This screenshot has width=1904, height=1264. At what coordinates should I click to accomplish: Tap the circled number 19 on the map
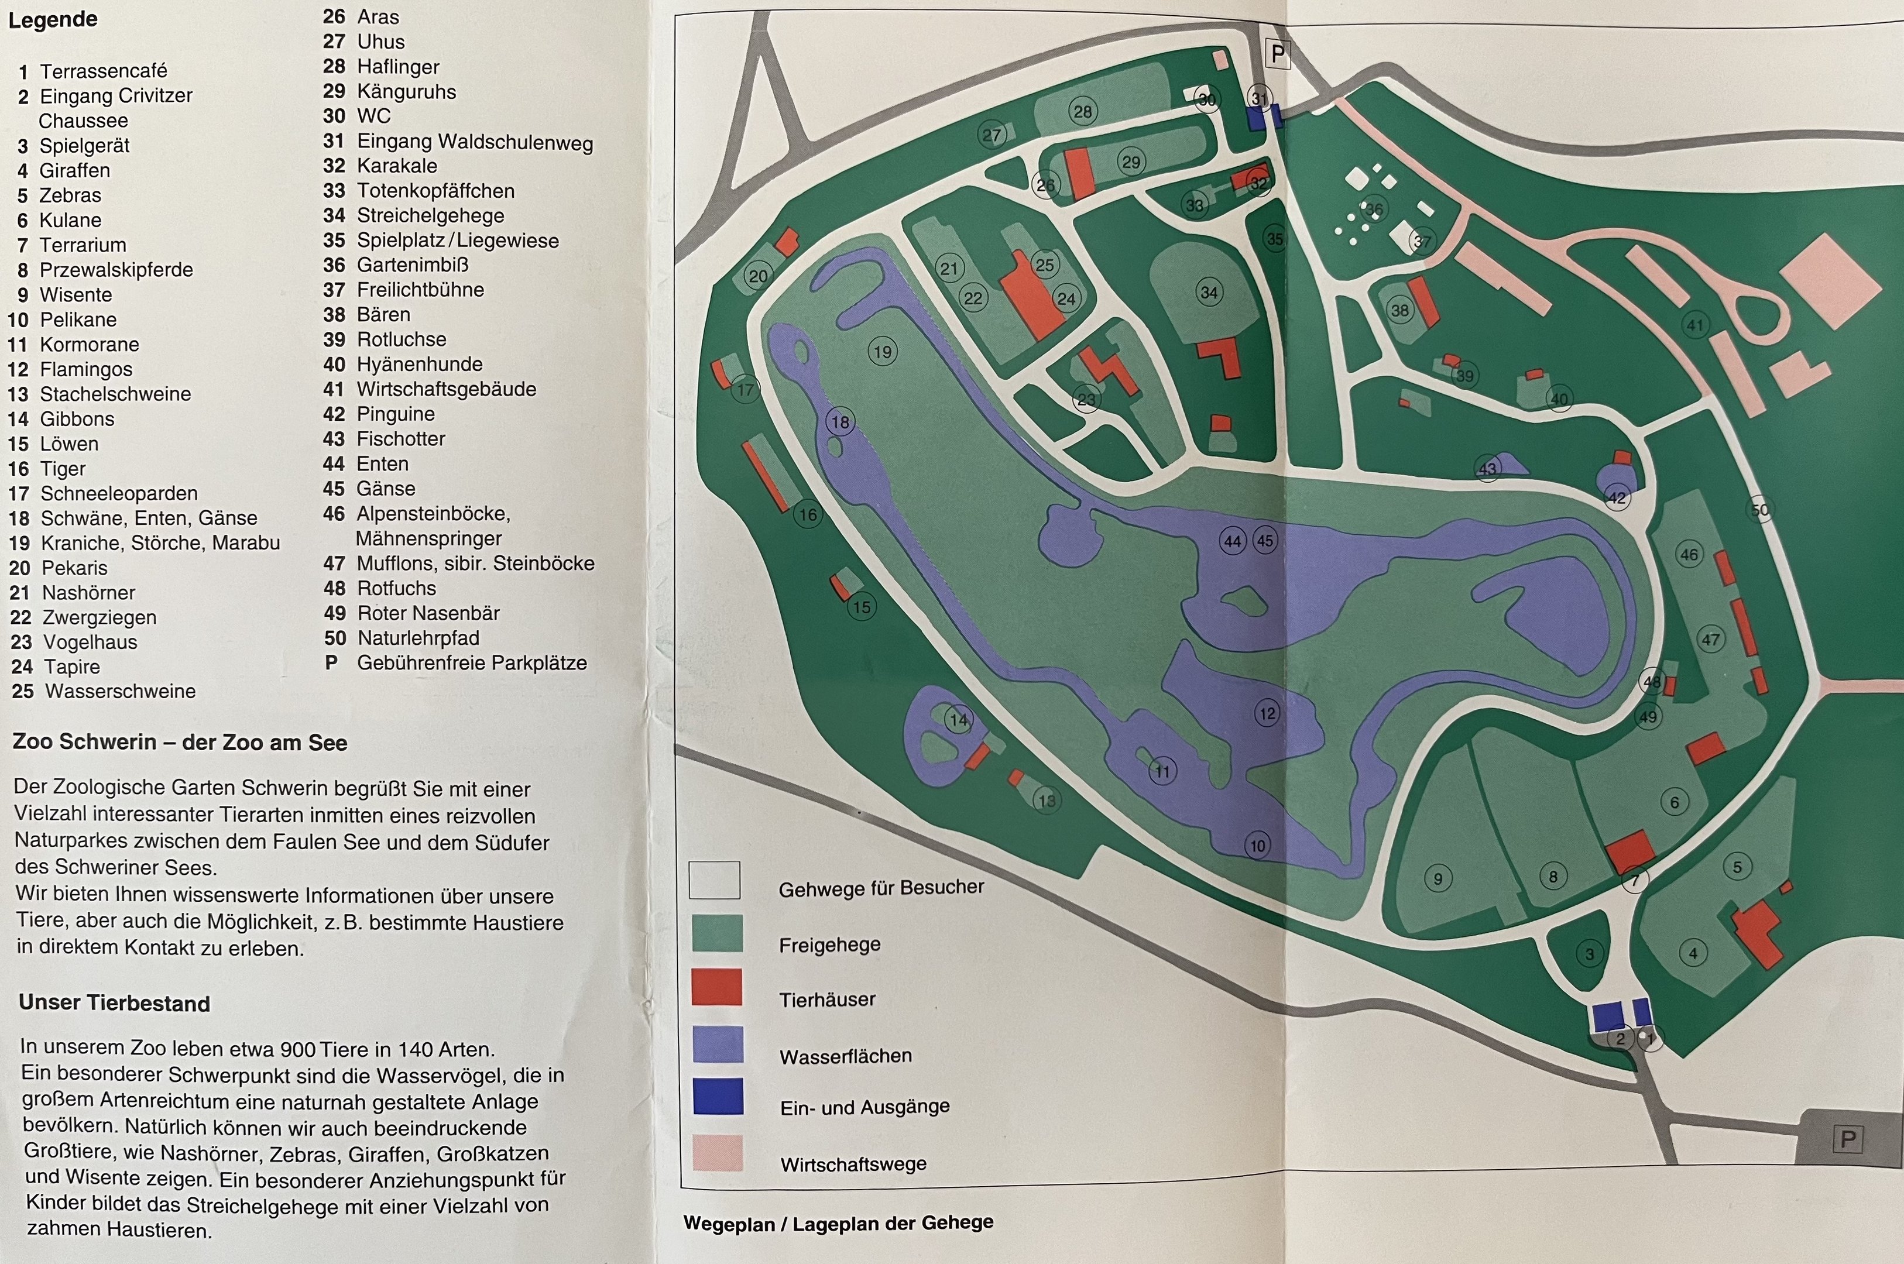tap(883, 352)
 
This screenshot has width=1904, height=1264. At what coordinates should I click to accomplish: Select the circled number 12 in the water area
tap(1267, 713)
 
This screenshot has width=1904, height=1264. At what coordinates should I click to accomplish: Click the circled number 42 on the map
tap(1616, 497)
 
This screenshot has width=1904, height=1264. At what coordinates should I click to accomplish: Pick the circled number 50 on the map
tap(1759, 510)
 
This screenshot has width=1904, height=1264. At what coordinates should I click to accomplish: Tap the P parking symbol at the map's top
tap(1278, 54)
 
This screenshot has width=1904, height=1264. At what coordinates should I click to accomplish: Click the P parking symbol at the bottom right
tap(1848, 1139)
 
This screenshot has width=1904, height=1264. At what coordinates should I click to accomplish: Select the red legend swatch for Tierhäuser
tap(716, 988)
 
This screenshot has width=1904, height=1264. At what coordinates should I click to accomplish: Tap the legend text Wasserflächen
tap(845, 1056)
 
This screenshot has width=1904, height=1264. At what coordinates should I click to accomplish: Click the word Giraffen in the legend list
tap(75, 171)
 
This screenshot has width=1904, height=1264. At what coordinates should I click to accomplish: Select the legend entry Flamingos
tap(85, 369)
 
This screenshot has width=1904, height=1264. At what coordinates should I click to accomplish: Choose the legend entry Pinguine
tap(395, 414)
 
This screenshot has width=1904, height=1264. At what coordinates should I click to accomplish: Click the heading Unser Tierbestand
tap(115, 1003)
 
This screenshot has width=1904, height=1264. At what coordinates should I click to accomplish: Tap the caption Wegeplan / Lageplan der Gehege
tap(838, 1223)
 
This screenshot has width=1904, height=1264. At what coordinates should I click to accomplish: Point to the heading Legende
tap(53, 19)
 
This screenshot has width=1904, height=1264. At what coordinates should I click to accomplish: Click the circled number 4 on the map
tap(1693, 954)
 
